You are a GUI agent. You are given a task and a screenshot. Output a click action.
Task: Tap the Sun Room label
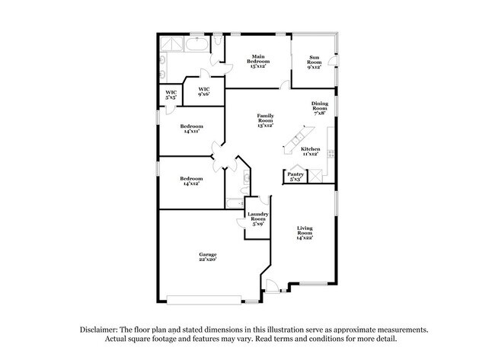click(314, 62)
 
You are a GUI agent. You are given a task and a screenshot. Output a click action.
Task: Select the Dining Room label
click(321, 109)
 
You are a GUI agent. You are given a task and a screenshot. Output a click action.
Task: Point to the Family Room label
click(265, 119)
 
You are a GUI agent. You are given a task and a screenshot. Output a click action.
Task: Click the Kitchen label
click(310, 151)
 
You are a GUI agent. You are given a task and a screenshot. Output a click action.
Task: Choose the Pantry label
click(295, 177)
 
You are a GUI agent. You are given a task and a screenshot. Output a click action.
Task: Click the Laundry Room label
click(256, 218)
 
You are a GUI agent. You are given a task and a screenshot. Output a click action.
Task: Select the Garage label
click(208, 256)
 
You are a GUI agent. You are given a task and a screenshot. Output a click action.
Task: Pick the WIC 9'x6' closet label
click(204, 91)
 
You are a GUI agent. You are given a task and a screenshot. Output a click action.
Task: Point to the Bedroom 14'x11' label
click(192, 129)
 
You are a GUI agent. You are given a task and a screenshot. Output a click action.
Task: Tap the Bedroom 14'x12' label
click(192, 181)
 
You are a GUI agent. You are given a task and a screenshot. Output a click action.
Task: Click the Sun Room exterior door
click(336, 60)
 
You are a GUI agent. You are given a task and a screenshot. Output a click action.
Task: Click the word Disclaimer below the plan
click(104, 330)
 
